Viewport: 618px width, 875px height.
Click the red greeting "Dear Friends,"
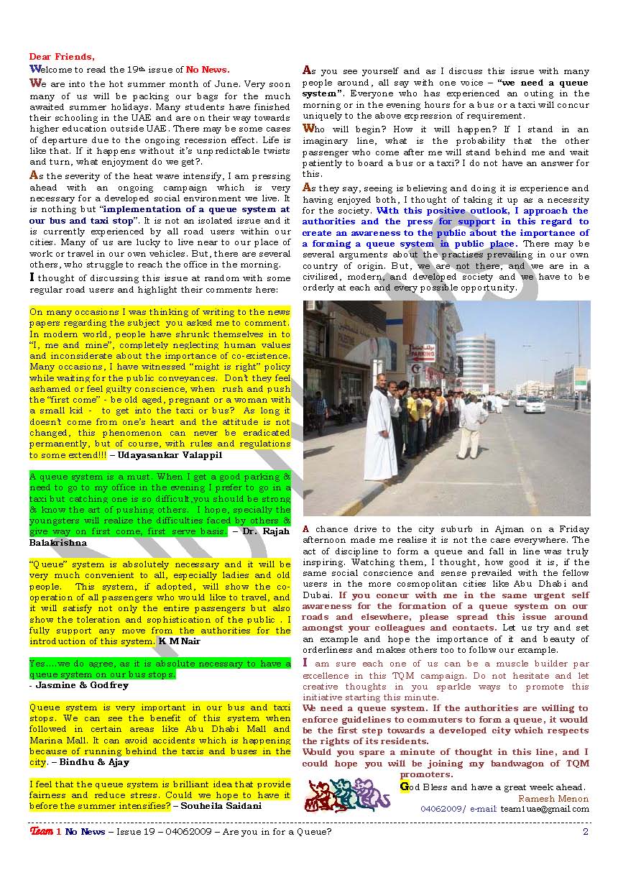[x=61, y=57]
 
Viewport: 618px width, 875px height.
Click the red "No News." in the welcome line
[x=208, y=70]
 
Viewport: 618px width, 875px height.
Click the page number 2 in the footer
[x=586, y=832]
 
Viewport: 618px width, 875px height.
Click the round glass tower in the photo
[x=475, y=363]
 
